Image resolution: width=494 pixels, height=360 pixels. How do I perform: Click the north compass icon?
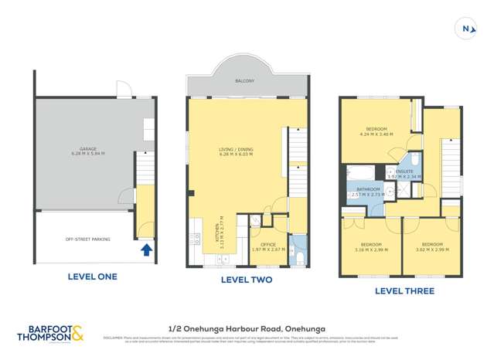click(x=465, y=29)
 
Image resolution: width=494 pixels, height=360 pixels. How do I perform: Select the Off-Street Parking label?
click(x=87, y=239)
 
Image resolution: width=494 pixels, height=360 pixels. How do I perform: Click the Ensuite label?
click(x=406, y=172)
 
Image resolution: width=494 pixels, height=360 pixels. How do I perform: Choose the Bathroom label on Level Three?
click(x=366, y=191)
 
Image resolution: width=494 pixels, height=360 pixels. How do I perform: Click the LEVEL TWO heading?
click(x=247, y=280)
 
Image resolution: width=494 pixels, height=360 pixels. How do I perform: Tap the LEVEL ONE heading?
click(x=87, y=275)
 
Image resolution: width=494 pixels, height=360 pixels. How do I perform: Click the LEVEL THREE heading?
click(x=404, y=291)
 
